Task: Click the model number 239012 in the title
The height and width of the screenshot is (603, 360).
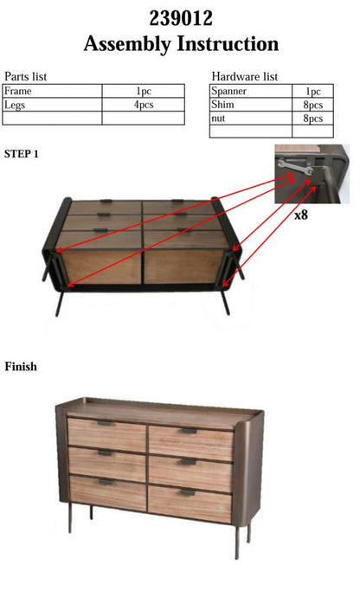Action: click(181, 18)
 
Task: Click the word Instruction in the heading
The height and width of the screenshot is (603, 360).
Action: click(228, 43)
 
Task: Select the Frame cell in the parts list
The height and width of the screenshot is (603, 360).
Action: click(52, 91)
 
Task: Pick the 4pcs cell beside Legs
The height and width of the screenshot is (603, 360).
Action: click(144, 105)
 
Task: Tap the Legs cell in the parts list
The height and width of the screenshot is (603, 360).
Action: click(52, 105)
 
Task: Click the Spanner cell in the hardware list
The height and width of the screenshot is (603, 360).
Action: click(251, 91)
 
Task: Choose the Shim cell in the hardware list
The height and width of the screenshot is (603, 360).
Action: click(251, 105)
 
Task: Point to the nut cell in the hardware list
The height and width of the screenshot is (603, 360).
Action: click(251, 118)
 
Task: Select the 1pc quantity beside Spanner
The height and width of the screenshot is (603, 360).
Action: click(313, 91)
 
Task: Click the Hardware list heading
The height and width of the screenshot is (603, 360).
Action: click(245, 76)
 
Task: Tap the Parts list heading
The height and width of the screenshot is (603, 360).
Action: click(25, 76)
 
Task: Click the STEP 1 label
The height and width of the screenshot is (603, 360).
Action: click(21, 154)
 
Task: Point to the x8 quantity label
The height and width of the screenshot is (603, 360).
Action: click(301, 215)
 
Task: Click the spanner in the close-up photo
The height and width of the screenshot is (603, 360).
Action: click(295, 166)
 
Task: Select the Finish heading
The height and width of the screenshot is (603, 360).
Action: click(21, 367)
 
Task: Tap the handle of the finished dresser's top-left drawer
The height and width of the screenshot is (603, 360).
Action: click(105, 423)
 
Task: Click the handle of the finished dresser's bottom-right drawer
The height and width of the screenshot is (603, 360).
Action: click(187, 492)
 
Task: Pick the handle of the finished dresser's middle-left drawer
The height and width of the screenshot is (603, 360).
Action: click(105, 453)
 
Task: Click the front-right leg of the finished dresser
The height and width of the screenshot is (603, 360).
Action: click(237, 542)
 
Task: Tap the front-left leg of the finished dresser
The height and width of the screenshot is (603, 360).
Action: click(70, 517)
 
